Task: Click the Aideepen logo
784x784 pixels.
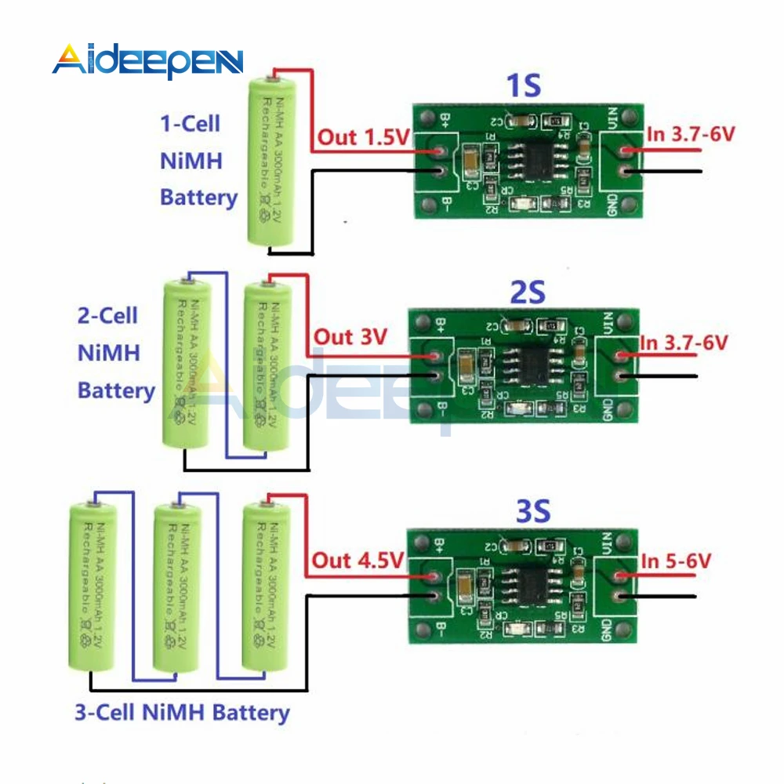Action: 148,60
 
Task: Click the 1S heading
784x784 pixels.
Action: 524,85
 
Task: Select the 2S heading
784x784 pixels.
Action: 527,292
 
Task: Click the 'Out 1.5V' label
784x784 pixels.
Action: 364,138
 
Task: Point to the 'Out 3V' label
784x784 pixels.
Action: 350,337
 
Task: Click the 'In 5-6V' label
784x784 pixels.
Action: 676,561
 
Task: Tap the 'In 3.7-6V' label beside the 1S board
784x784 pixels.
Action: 690,134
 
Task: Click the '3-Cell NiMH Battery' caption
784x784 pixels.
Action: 182,713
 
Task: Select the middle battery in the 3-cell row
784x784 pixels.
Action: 176,588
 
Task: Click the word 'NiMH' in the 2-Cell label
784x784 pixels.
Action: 109,353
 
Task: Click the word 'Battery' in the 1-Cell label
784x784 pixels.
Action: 198,197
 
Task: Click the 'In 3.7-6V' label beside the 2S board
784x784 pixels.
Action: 684,343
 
